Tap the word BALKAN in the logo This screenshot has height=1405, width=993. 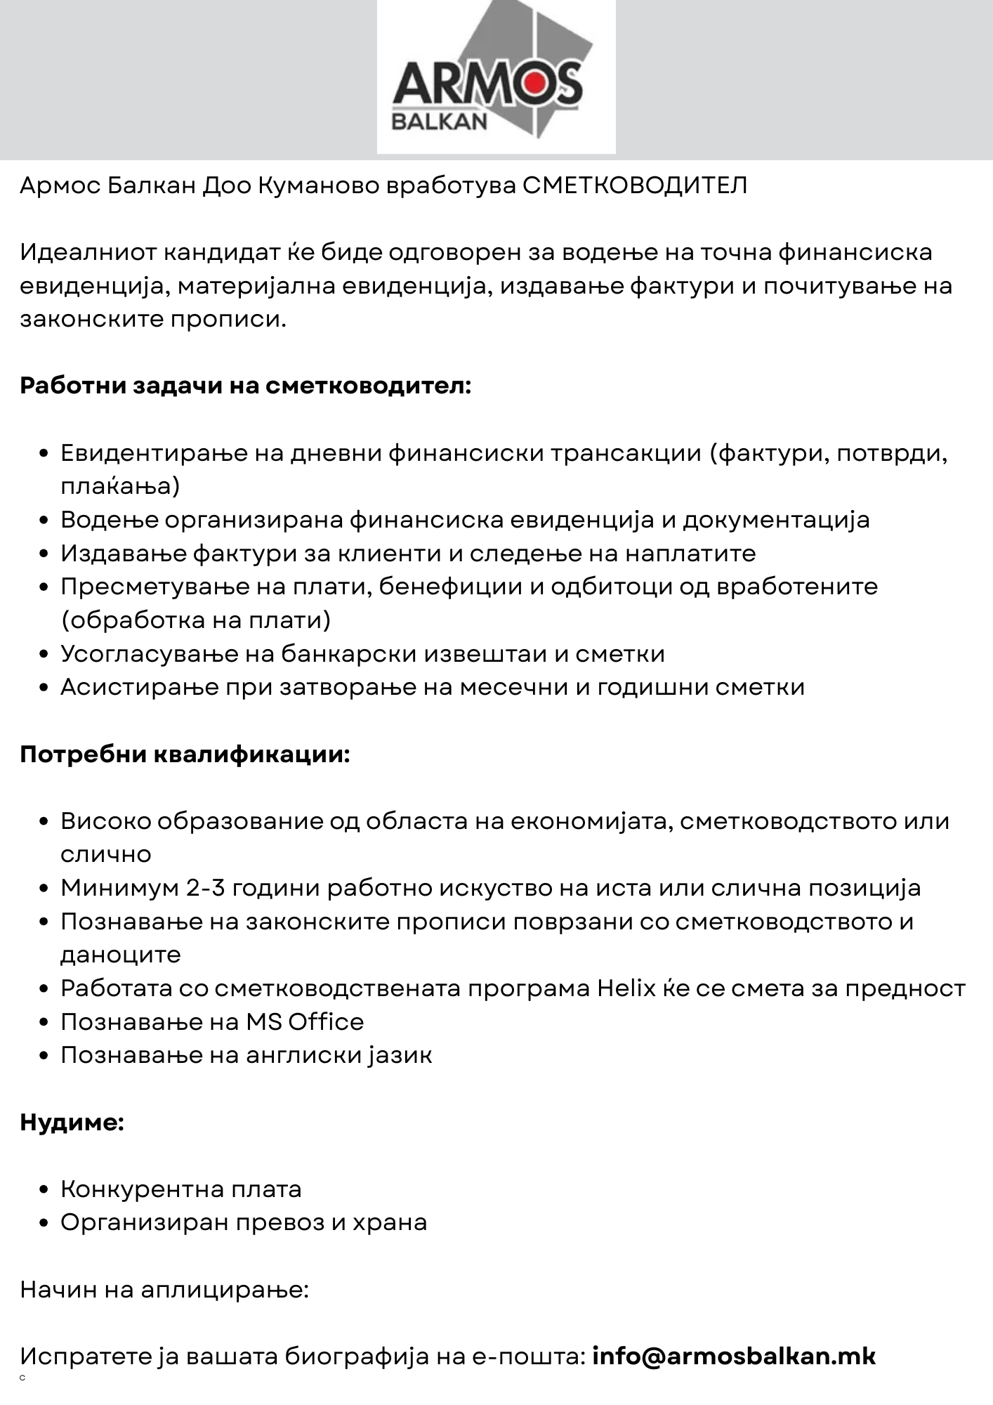(439, 122)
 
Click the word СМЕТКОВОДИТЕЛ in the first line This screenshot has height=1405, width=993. (636, 185)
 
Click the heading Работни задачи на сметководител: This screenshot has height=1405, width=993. (245, 386)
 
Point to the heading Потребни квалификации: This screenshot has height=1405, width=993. (185, 754)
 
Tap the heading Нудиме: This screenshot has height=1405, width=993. (72, 1122)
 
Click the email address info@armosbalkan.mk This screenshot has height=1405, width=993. (734, 1356)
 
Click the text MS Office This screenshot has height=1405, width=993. (305, 1021)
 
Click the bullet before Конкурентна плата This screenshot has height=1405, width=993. (44, 1190)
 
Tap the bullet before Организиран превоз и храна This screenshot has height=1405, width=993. (44, 1223)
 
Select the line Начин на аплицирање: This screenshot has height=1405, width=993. (164, 1290)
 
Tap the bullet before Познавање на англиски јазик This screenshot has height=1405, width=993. (44, 1056)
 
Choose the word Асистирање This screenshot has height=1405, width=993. (140, 686)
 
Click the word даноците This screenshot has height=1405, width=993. (121, 955)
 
